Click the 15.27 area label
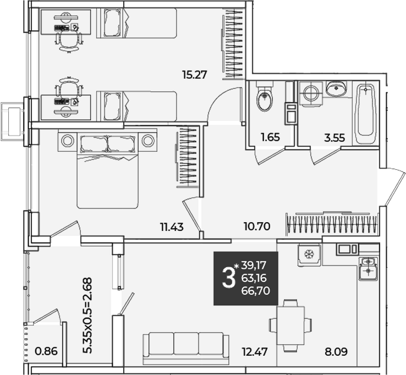(194, 75)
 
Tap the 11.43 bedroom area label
(172, 227)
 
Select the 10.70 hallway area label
(257, 227)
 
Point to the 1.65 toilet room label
(270, 137)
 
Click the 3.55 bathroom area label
(334, 138)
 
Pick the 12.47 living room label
(255, 352)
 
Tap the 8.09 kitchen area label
(336, 352)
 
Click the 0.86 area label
(46, 351)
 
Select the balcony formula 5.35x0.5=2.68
(87, 316)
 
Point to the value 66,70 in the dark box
(256, 291)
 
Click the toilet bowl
(265, 96)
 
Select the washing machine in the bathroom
(311, 93)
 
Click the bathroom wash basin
(336, 88)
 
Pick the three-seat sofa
(186, 349)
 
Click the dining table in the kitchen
(290, 326)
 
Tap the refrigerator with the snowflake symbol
(309, 255)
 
